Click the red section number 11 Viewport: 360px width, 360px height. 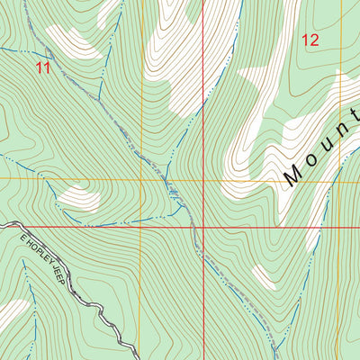42,67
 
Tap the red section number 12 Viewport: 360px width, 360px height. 310,40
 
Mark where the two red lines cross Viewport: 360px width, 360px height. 202,227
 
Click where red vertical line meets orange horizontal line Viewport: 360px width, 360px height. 202,179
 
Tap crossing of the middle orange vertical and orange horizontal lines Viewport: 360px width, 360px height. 141,179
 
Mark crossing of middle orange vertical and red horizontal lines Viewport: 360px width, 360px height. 141,227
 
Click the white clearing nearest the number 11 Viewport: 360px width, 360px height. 72,41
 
